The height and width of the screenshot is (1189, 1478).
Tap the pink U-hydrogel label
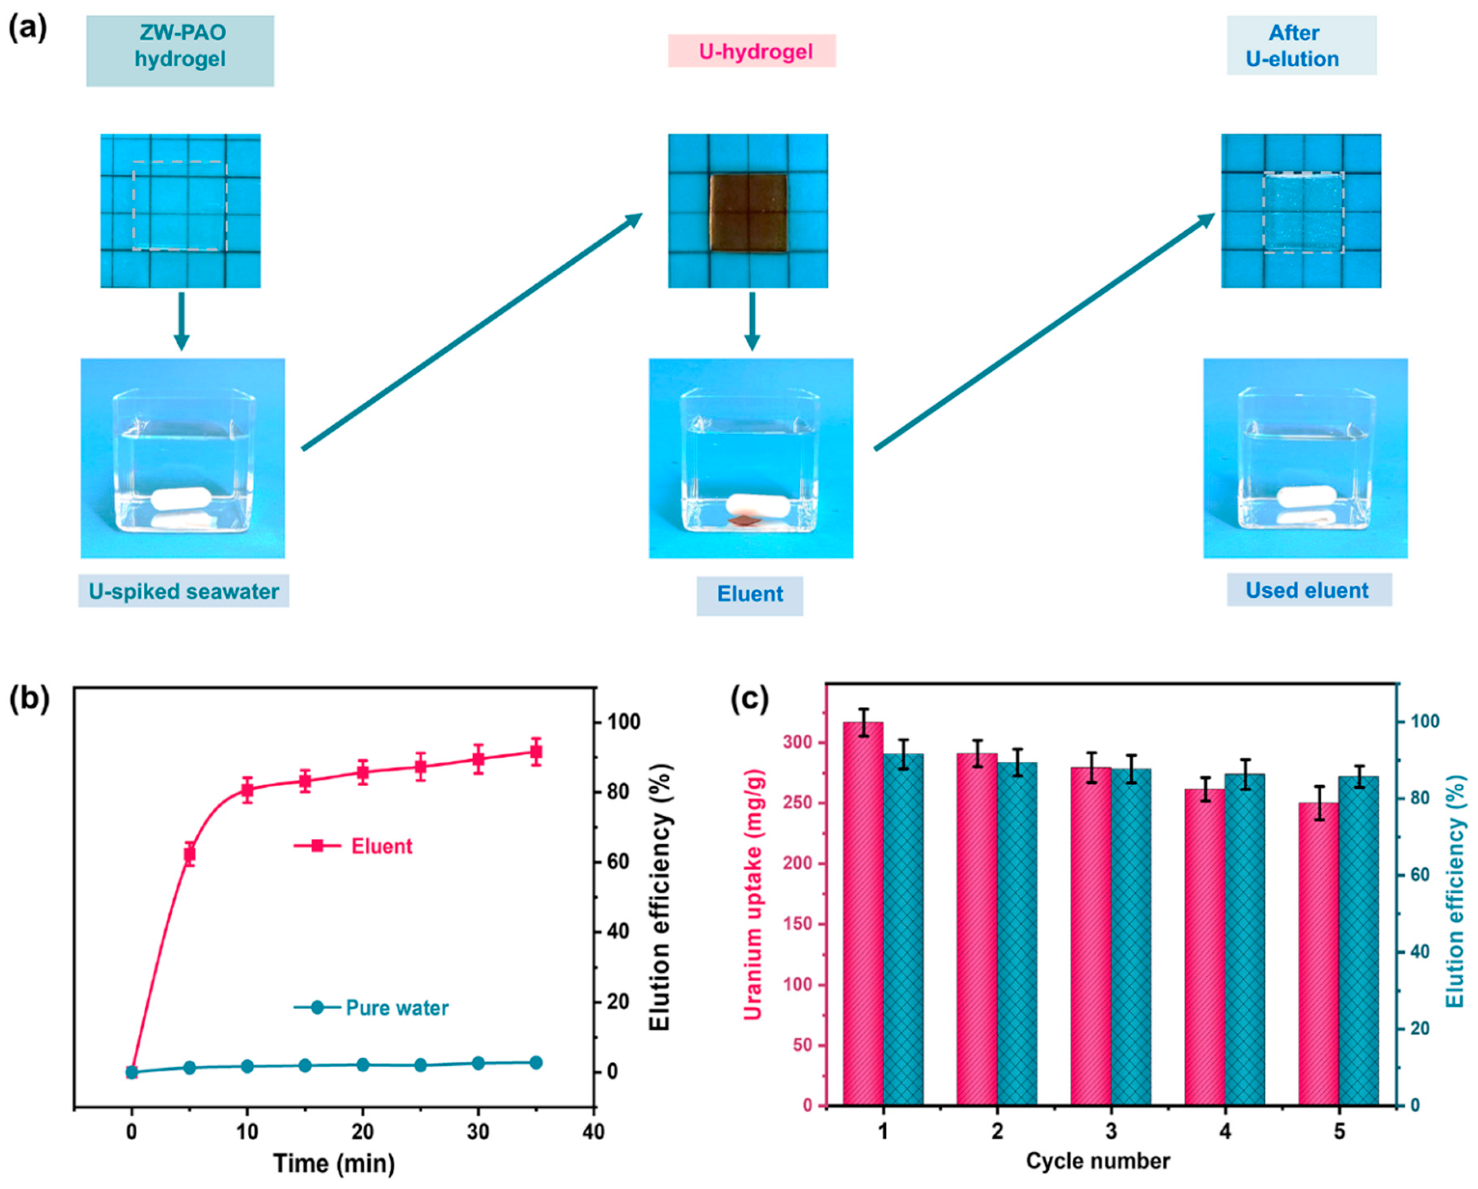(752, 52)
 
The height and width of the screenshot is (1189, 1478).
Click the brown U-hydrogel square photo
(748, 213)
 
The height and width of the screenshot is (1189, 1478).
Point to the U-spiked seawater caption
(184, 591)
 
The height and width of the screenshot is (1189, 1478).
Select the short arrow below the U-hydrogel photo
(752, 321)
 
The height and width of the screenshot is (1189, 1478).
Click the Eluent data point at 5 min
(190, 854)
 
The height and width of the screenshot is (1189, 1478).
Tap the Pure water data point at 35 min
(536, 1062)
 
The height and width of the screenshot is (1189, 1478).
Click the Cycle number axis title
(1098, 1160)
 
